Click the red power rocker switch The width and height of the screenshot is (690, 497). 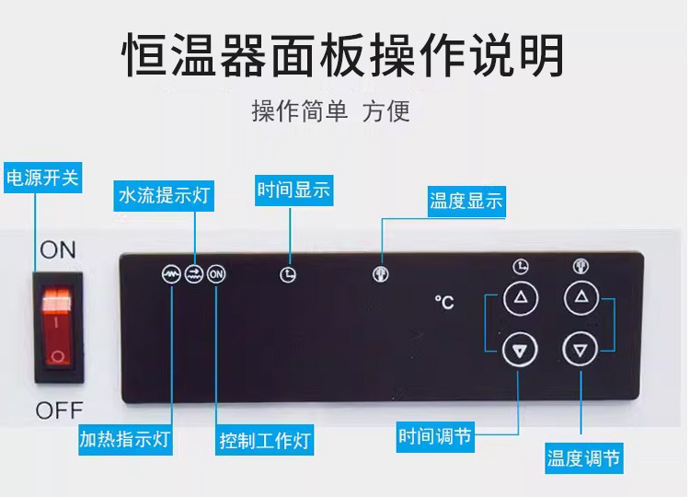point(58,326)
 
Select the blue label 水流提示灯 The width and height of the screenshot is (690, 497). point(166,195)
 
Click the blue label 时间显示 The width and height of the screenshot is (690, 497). point(293,191)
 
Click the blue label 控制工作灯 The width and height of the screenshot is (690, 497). point(265,441)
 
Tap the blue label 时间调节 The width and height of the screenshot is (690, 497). point(434,436)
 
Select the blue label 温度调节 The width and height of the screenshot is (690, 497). point(583,457)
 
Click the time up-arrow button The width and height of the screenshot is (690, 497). point(521,297)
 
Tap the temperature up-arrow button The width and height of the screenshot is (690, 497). point(581,297)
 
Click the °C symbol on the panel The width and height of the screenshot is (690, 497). point(444,303)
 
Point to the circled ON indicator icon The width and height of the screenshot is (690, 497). point(216,273)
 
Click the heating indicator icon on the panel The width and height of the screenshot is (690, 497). point(171,273)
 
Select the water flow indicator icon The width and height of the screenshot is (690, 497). point(193,273)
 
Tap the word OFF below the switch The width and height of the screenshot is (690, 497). point(59,410)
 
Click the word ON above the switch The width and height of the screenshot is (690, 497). point(58,249)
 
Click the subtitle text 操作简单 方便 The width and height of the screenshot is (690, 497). point(330,112)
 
